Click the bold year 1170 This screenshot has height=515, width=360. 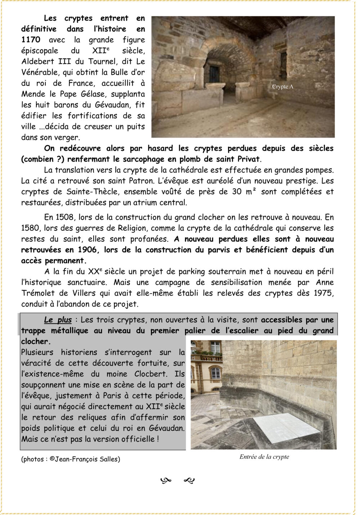31,40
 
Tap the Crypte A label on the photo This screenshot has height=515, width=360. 283,87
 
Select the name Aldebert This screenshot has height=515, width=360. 36,62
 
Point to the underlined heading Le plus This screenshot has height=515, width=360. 58,320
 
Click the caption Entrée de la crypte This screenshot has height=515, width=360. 264,457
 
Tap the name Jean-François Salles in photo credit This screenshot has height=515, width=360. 87,459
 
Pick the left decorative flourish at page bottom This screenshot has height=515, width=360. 166,480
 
